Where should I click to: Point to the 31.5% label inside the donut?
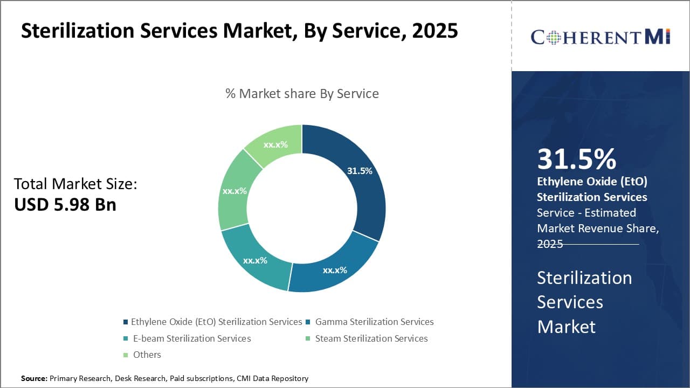click(x=360, y=171)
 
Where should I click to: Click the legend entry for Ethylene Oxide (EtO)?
click(x=216, y=322)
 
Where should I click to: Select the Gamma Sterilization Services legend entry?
click(x=374, y=322)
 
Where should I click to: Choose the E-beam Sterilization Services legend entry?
click(x=191, y=338)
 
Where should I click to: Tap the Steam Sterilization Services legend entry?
click(x=371, y=338)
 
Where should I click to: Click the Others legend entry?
click(x=147, y=355)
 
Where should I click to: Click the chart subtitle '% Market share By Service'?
click(x=302, y=94)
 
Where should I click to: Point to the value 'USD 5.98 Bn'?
click(x=65, y=204)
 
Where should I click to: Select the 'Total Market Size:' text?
click(x=75, y=184)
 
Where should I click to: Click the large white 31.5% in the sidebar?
click(x=576, y=159)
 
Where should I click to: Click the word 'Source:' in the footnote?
click(x=34, y=379)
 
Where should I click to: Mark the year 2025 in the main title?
click(x=434, y=31)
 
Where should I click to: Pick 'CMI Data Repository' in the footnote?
click(x=272, y=379)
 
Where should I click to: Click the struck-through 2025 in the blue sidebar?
click(x=550, y=244)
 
